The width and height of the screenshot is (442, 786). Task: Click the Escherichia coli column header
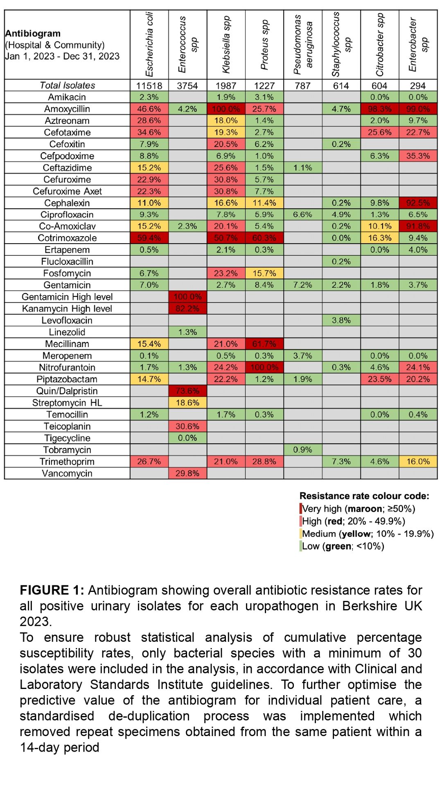[x=149, y=44]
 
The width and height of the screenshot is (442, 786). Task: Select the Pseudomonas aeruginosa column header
[x=303, y=44]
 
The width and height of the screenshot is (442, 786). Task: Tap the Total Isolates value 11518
[x=149, y=86]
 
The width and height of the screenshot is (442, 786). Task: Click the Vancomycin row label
[x=67, y=473]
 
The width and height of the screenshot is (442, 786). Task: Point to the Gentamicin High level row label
[x=67, y=297]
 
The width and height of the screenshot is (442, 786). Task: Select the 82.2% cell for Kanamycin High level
[x=188, y=309]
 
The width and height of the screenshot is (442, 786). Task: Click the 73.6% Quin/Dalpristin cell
[x=188, y=391]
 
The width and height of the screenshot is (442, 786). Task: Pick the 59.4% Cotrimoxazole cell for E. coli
[x=149, y=238]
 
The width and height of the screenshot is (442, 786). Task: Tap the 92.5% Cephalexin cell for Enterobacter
[x=418, y=203]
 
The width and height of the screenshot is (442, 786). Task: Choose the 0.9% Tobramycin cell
[x=303, y=449]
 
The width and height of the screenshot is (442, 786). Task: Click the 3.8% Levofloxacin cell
[x=341, y=320]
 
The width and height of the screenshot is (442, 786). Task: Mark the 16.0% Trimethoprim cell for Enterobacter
[x=418, y=461]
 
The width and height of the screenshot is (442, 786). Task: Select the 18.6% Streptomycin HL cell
[x=188, y=403]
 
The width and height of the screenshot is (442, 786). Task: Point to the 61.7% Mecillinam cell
[x=264, y=344]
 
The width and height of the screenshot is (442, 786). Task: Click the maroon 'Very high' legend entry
[x=358, y=509]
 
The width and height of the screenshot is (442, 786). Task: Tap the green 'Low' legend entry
[x=342, y=546]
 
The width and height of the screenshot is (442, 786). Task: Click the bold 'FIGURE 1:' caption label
[x=52, y=590]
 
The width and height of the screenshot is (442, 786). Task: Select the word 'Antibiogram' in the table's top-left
[x=33, y=34]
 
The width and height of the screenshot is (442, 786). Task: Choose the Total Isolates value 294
[x=418, y=86]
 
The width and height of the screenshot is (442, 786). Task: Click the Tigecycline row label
[x=67, y=438]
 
